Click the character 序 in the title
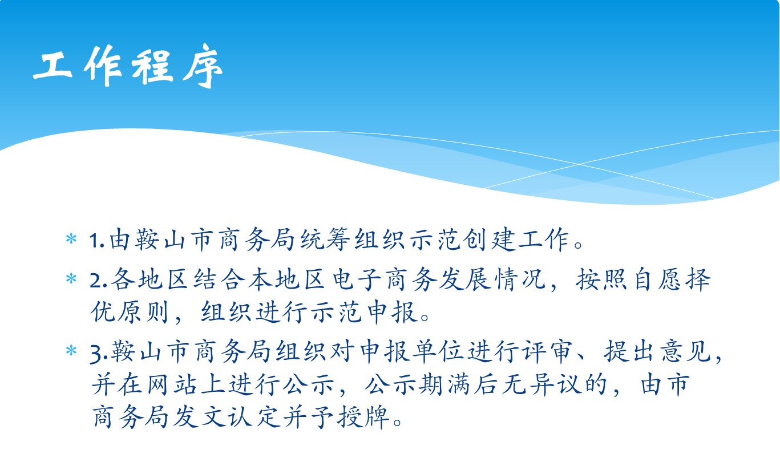coord(203,66)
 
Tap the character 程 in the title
coord(152,67)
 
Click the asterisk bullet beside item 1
coord(71,240)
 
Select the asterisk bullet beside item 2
coord(71,279)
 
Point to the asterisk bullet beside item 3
coord(71,351)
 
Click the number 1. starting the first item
coord(97,241)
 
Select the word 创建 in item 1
coord(489,240)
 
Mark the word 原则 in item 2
coord(143,311)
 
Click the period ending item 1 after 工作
coord(578,245)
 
